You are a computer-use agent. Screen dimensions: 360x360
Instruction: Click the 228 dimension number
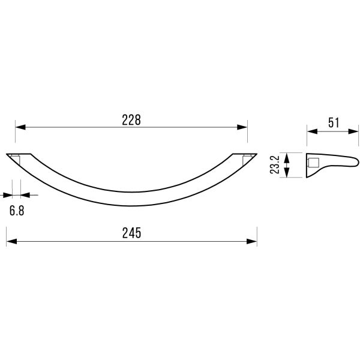pos(131,120)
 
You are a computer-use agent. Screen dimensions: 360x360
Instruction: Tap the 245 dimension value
pos(131,233)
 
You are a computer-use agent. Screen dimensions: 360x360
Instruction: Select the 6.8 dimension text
pos(17,211)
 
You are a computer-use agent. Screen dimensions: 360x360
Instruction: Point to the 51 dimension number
pos(334,122)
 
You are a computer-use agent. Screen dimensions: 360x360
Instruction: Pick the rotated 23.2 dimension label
pos(275,164)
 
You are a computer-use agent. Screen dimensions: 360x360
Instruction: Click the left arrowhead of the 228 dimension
pos(20,127)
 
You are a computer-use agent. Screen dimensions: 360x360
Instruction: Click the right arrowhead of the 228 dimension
pos(242,127)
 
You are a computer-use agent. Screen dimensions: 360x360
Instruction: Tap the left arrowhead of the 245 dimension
pos(11,241)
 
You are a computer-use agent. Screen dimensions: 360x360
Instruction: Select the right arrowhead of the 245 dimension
pos(252,241)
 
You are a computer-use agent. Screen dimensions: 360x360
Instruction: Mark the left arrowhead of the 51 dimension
pos(312,131)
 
